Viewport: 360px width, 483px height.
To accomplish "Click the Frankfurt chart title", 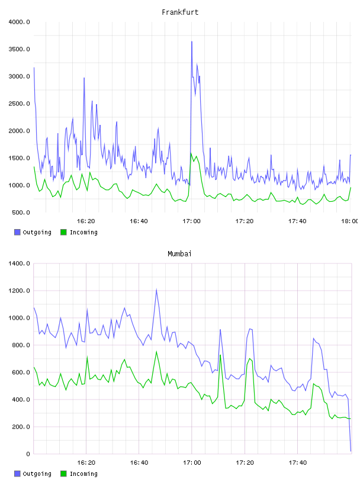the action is [x=180, y=12].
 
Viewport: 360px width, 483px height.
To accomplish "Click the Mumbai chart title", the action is [x=179, y=254].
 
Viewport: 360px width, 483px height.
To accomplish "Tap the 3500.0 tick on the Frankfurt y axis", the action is [x=19, y=49].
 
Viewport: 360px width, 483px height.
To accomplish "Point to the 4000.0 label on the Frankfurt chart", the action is [x=19, y=22].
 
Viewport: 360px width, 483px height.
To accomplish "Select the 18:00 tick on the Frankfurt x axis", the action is [x=350, y=221].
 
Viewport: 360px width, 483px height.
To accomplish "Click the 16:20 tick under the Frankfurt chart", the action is [x=86, y=221].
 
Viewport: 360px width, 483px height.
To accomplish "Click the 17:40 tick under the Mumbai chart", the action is [x=297, y=463].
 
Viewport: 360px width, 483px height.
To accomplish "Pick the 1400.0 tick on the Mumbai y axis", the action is [x=19, y=263].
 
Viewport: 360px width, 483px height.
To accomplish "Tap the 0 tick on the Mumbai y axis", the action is [x=28, y=454].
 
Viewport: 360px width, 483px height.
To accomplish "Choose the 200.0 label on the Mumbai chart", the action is [x=21, y=427].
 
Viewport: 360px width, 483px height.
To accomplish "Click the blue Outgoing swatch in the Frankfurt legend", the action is [x=17, y=232].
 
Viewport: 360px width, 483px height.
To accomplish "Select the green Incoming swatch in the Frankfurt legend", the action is [x=63, y=232].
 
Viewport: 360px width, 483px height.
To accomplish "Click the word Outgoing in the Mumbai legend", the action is [x=37, y=474].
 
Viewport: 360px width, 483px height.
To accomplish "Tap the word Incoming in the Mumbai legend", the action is [x=83, y=474].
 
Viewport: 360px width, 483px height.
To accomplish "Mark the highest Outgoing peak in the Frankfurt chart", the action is [x=192, y=41].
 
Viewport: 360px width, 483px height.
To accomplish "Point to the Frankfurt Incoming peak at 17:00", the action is [x=191, y=153].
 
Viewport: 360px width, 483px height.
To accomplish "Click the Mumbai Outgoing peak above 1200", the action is [x=156, y=289].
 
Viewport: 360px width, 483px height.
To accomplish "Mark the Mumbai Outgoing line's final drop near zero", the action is [x=351, y=451].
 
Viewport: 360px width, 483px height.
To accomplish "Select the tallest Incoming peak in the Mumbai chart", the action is [x=156, y=352].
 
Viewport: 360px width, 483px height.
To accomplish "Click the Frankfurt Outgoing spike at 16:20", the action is [x=84, y=78].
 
